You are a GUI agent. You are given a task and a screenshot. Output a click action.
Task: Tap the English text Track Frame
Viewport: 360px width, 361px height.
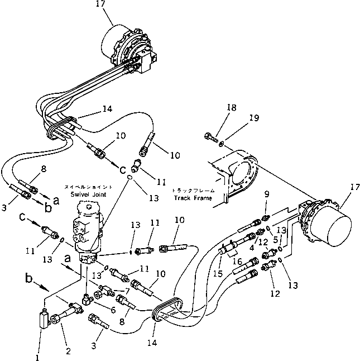191,197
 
